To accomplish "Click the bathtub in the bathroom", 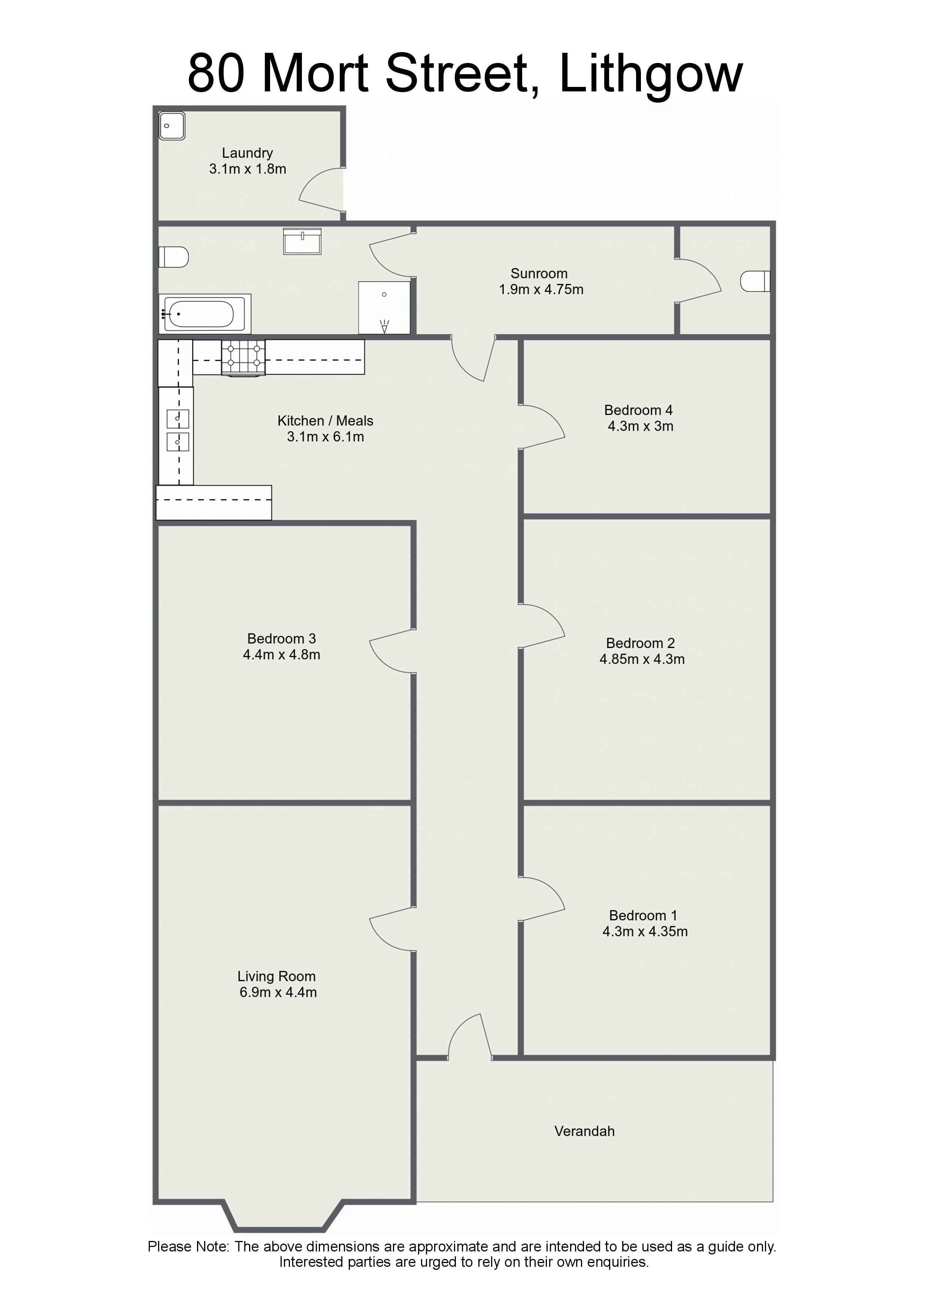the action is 205,314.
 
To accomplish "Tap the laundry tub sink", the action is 172,126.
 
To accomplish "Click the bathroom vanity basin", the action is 302,241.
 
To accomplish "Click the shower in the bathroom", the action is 384,307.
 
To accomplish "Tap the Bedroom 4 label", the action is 638,410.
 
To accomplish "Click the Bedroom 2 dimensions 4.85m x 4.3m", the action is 642,659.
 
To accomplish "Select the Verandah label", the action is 584,1131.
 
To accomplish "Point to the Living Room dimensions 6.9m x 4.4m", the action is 278,992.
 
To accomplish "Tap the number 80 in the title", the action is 217,74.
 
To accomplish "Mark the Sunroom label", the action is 539,273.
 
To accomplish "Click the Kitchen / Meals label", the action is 325,421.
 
